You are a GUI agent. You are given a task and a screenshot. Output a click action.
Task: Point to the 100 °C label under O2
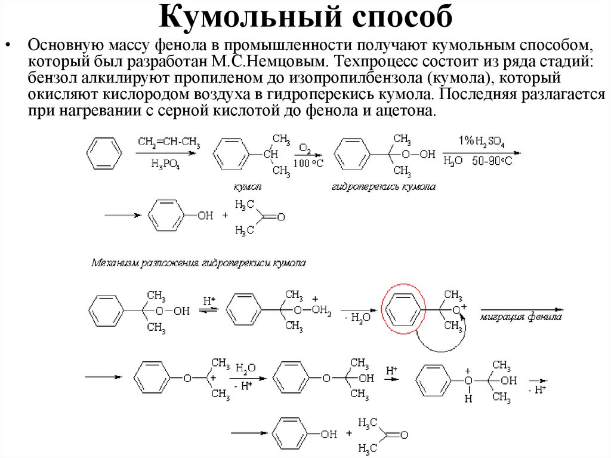pyautogui.click(x=309, y=163)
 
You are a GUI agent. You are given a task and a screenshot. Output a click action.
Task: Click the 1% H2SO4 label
pyautogui.click(x=480, y=142)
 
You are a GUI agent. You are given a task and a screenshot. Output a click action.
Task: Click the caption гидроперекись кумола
pyautogui.click(x=383, y=187)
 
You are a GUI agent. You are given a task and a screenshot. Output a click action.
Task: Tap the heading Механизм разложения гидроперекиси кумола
pyautogui.click(x=198, y=262)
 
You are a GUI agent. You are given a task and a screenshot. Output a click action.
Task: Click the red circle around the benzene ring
pyautogui.click(x=403, y=308)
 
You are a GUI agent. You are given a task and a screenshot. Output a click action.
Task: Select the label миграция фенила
pyautogui.click(x=521, y=318)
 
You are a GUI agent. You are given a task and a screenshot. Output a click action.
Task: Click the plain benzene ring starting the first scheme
pyautogui.click(x=104, y=153)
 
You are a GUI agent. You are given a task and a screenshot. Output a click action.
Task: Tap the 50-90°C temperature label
pyautogui.click(x=492, y=162)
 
